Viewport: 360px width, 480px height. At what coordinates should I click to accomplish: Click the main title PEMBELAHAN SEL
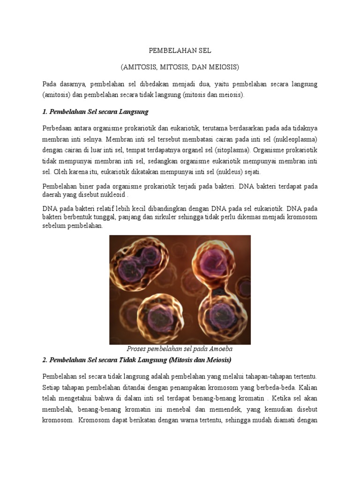(x=180, y=51)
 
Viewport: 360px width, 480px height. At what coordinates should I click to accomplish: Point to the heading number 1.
(x=45, y=112)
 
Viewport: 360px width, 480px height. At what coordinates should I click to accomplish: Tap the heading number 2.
(x=45, y=360)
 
